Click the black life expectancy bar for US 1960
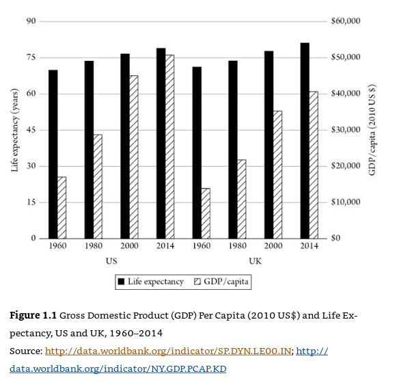[x=53, y=155]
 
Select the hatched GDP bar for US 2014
[x=169, y=146]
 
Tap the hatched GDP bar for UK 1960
[x=206, y=213]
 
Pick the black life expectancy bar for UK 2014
[x=305, y=141]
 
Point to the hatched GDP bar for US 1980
[x=98, y=187]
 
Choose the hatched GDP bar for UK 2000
[x=277, y=175]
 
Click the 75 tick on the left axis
[x=31, y=57]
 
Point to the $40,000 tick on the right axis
[x=346, y=94]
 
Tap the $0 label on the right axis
[x=336, y=238]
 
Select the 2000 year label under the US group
[x=129, y=246]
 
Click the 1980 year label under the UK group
[x=237, y=246]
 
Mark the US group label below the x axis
[x=111, y=261]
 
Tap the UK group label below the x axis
[x=256, y=261]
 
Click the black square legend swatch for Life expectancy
[x=121, y=282]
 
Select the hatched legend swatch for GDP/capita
[x=197, y=282]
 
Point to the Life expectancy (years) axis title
[x=15, y=130]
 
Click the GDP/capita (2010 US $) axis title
[x=372, y=130]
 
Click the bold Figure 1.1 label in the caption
[x=33, y=316]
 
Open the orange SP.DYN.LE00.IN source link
[x=168, y=351]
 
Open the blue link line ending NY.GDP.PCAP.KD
[x=118, y=369]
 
